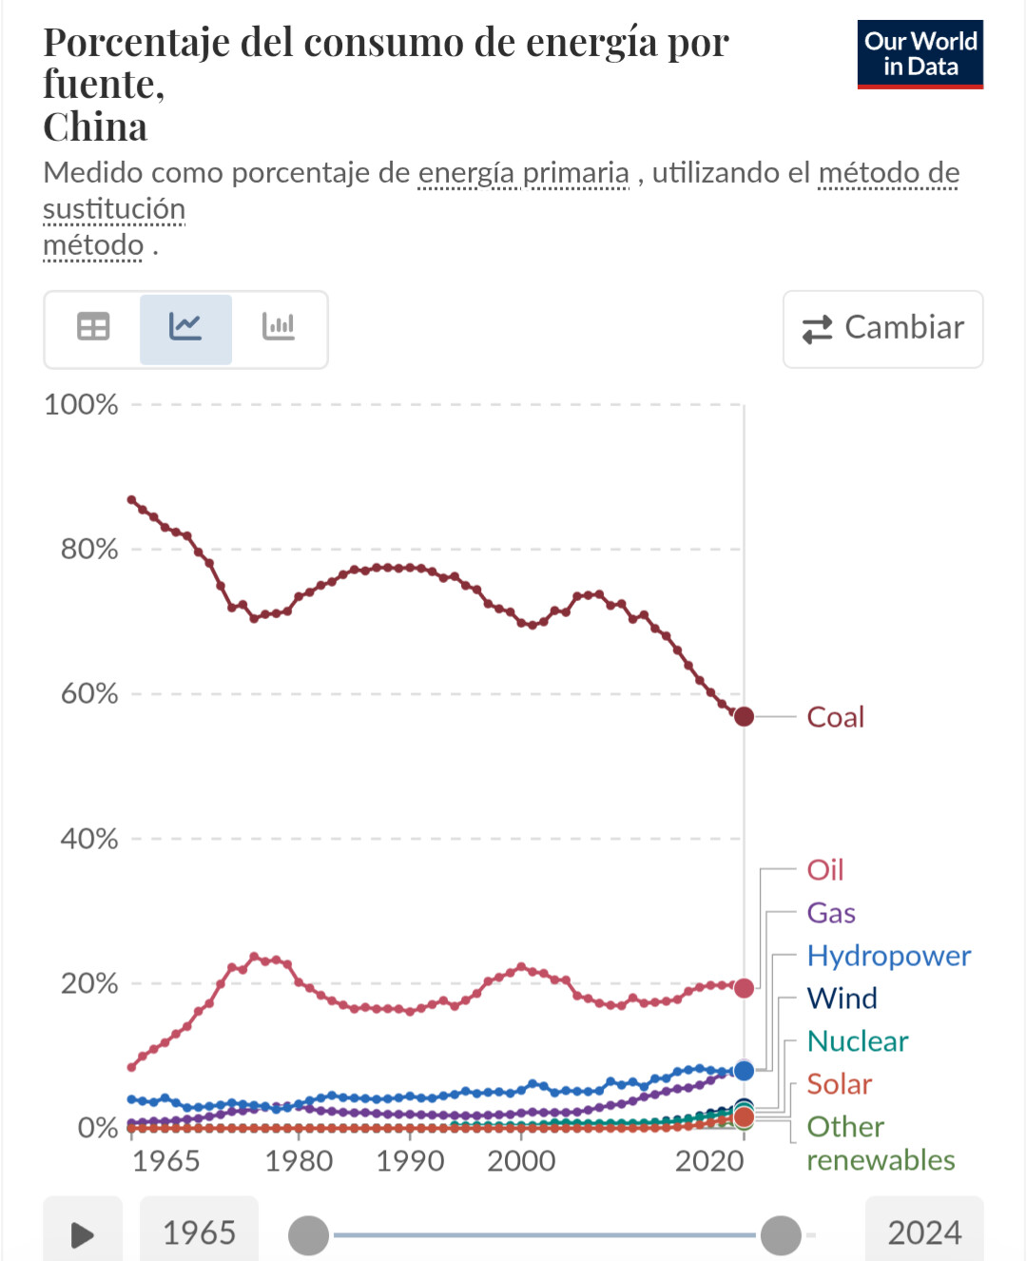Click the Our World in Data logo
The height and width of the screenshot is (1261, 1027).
920,54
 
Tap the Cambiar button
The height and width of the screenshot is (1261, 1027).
882,328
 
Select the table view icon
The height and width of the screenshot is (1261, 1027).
93,328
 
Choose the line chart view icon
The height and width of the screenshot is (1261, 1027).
185,328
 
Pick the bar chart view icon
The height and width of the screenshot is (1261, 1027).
279,328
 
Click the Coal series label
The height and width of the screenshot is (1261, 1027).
835,717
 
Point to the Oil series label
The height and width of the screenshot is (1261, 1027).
824,870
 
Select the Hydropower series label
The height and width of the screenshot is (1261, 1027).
888,956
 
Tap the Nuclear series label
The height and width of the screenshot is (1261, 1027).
857,1041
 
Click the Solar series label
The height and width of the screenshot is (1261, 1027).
839,1084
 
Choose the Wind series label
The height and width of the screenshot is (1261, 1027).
842,999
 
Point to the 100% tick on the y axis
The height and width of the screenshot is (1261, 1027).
82,405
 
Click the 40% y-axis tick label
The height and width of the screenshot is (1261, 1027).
89,839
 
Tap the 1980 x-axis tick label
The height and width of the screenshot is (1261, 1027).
299,1161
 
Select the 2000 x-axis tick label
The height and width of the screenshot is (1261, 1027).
521,1161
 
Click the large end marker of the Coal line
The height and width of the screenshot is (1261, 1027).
744,717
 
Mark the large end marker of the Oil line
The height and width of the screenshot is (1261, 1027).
744,988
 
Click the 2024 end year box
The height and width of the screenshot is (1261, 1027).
923,1233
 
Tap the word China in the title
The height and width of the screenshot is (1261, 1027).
95,127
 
